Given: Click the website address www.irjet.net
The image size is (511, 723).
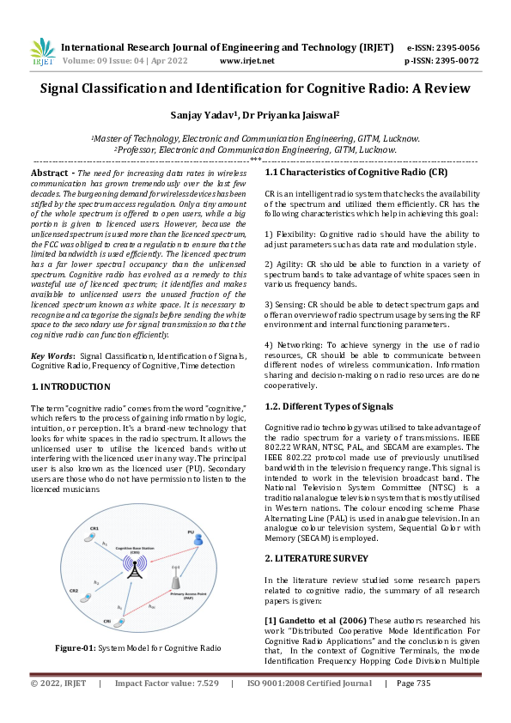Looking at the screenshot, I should click(x=246, y=61).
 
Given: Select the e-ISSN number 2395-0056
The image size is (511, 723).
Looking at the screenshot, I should click(x=455, y=47).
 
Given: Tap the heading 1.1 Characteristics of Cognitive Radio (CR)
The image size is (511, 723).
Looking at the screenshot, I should click(x=356, y=173).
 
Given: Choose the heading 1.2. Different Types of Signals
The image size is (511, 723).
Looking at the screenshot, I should click(x=329, y=406).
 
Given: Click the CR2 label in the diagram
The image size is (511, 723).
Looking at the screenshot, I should click(x=74, y=592).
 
